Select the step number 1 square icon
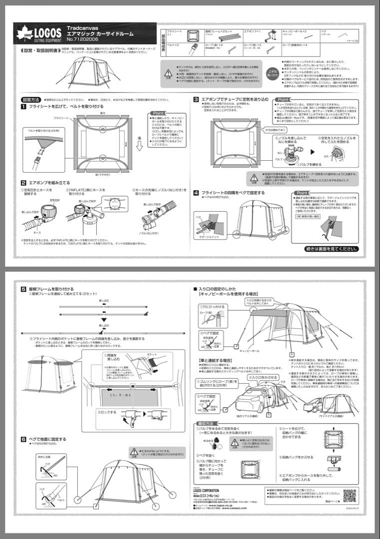pos(23,107)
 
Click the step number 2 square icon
pos(23,183)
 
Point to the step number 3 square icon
pos(197,99)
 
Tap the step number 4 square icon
pos(197,192)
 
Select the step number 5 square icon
pos(23,289)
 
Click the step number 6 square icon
pos(23,439)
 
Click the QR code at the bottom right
pos(349,496)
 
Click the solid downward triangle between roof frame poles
pos(102,319)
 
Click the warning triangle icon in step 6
pos(134,451)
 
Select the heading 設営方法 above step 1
pos(31,100)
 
